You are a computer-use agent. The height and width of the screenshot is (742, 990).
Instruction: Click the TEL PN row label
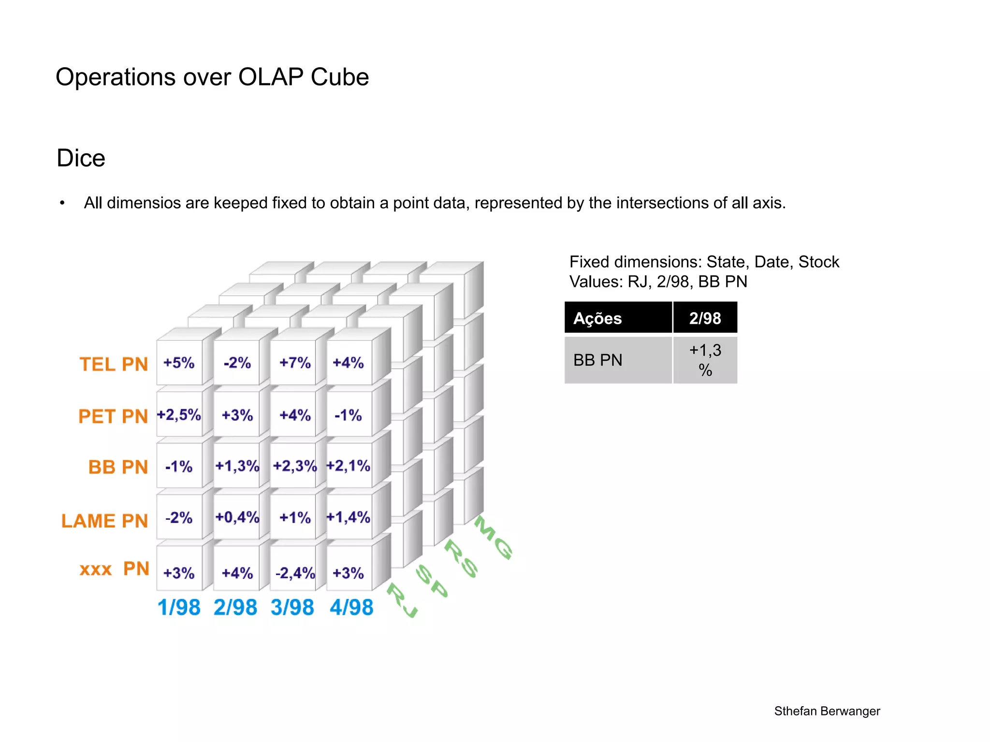click(x=114, y=364)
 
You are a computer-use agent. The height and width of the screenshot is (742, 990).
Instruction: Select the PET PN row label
click(x=113, y=416)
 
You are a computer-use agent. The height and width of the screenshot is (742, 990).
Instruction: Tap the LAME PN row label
click(x=104, y=521)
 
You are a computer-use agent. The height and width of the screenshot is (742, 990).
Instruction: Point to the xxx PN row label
click(x=115, y=569)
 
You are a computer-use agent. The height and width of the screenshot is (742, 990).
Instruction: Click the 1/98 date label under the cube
click(x=179, y=607)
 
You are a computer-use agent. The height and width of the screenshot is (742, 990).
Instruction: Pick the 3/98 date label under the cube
click(x=292, y=607)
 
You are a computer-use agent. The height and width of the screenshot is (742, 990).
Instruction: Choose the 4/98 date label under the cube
click(x=351, y=607)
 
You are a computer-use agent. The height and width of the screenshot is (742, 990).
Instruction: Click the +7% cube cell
click(x=295, y=363)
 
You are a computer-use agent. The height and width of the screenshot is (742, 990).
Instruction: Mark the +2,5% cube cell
click(x=179, y=415)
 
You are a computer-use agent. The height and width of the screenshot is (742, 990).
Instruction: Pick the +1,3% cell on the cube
click(x=237, y=466)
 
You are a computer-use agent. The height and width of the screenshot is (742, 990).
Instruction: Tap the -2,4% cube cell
click(x=295, y=573)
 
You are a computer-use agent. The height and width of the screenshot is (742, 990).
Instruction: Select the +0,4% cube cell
click(x=237, y=517)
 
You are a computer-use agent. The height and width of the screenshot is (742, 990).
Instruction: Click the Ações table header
click(x=597, y=318)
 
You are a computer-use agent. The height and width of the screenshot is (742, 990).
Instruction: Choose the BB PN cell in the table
click(x=598, y=360)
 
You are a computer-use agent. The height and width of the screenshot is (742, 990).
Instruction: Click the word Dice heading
click(x=81, y=158)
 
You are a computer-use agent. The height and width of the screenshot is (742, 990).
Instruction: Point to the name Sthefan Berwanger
click(x=827, y=711)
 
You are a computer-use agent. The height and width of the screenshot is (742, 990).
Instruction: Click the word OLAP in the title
click(x=271, y=77)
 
